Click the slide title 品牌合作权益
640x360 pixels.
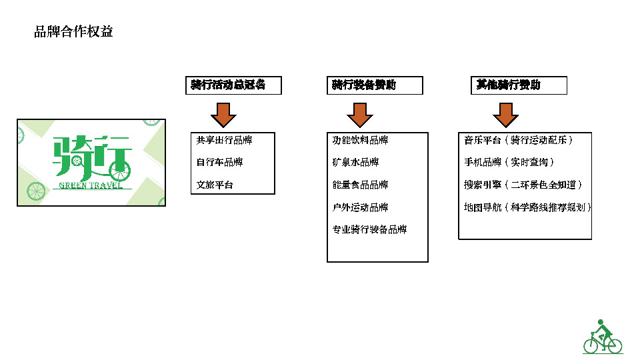[x=73, y=31]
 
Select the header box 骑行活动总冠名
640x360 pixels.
[x=233, y=85]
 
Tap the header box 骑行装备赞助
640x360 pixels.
[x=375, y=85]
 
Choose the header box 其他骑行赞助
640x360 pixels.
[x=519, y=85]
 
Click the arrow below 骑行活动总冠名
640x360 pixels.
[x=224, y=115]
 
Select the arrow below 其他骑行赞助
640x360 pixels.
[x=506, y=115]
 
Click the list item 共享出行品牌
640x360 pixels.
[x=225, y=140]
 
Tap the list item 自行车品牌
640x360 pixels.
[x=219, y=162]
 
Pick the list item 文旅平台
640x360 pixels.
[x=215, y=185]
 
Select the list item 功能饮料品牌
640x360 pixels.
[x=360, y=140]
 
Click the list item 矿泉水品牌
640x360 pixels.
[x=355, y=162]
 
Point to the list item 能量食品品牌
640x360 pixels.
[x=360, y=185]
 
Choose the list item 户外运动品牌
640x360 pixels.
[x=360, y=207]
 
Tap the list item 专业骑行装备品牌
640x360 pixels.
[x=369, y=229]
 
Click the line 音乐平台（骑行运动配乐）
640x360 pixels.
[x=519, y=140]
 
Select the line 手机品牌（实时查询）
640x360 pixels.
[x=509, y=162]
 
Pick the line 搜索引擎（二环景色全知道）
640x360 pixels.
[x=523, y=185]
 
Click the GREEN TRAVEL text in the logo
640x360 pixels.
[x=91, y=185]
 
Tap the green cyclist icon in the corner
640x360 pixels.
[x=603, y=337]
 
